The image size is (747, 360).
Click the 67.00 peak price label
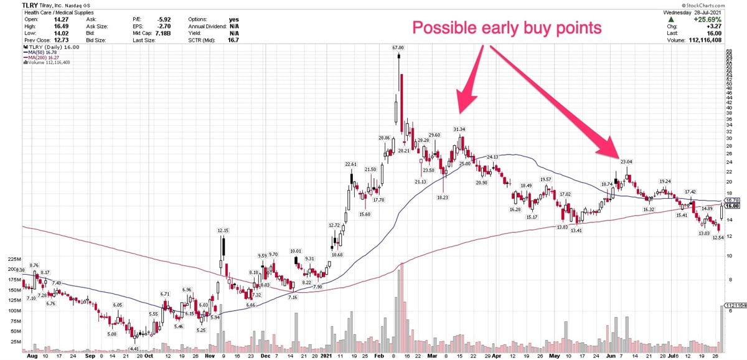(398, 47)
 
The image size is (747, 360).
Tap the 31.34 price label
(459, 129)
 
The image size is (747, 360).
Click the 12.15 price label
(223, 230)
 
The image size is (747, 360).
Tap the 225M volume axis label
(14, 258)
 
